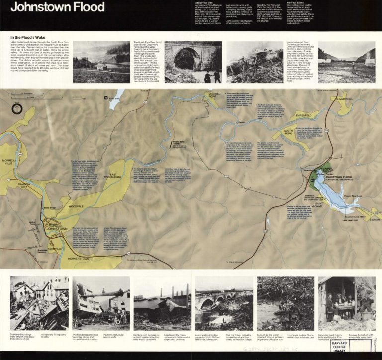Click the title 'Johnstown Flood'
click(x=58, y=7)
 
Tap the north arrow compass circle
click(x=17, y=109)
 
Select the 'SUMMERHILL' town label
click(x=344, y=99)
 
